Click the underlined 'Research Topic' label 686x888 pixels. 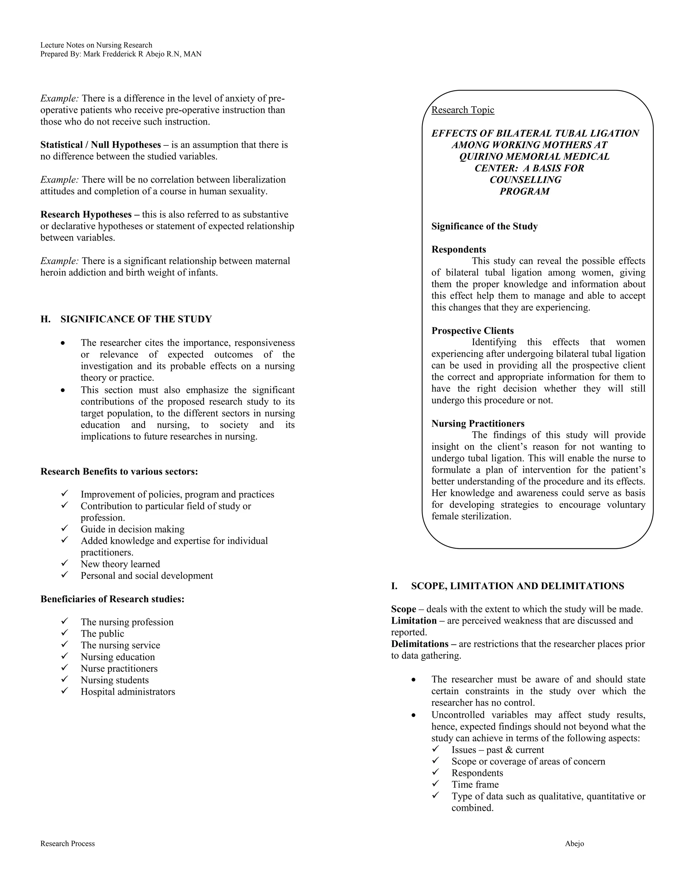click(x=463, y=110)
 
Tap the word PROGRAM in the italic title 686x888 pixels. click(x=524, y=191)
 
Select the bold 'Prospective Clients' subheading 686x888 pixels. click(x=472, y=330)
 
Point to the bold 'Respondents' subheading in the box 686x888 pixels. click(x=459, y=249)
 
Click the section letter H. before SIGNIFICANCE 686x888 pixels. click(x=45, y=319)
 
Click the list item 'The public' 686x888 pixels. click(x=102, y=633)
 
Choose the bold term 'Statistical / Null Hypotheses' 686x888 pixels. click(x=100, y=145)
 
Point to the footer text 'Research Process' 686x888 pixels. click(x=67, y=843)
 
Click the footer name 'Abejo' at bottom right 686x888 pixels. click(x=574, y=843)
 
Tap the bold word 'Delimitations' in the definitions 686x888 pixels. click(x=419, y=644)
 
